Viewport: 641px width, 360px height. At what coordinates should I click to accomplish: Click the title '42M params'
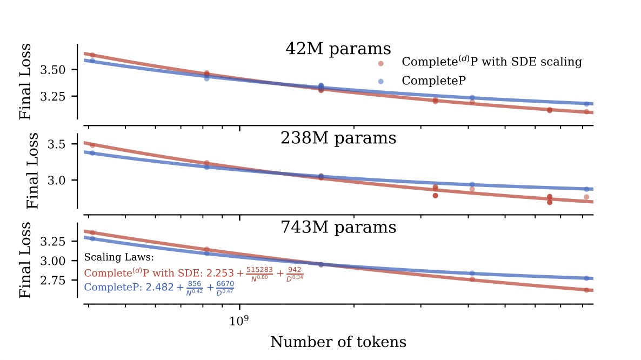click(338, 49)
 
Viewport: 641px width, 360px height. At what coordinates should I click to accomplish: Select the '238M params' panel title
click(338, 138)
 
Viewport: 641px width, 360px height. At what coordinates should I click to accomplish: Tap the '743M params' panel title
click(338, 228)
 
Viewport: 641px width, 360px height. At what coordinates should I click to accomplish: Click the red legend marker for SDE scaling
click(381, 63)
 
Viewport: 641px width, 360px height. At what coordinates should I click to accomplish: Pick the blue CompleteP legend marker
click(381, 81)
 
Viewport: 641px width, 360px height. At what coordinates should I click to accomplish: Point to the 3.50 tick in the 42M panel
click(60, 70)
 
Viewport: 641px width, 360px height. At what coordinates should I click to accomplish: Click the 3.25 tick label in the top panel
click(60, 96)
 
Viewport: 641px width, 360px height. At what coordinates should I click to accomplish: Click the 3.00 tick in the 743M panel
click(60, 261)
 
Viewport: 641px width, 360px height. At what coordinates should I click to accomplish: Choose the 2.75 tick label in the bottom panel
click(60, 281)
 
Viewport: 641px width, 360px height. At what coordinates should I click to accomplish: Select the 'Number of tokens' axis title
click(338, 342)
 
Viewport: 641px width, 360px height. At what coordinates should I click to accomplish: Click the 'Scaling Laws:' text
click(119, 257)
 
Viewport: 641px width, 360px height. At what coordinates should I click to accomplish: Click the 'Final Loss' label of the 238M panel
click(34, 171)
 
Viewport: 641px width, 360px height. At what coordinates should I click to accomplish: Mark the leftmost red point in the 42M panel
click(92, 55)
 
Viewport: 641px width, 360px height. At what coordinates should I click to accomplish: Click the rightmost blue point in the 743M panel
click(586, 278)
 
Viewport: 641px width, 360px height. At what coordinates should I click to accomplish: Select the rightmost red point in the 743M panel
click(586, 290)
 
